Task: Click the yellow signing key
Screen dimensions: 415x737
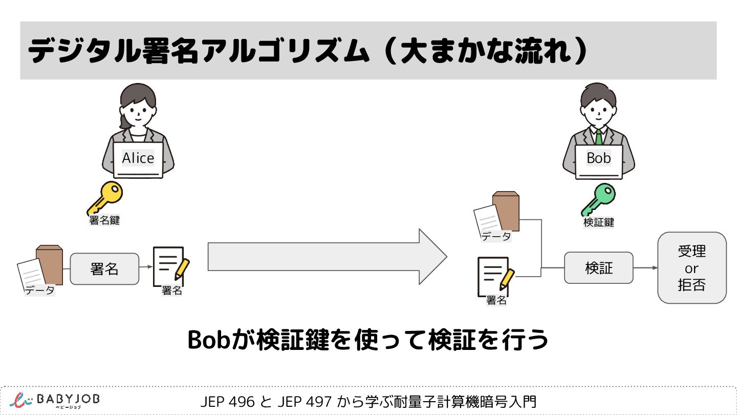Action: pyautogui.click(x=105, y=198)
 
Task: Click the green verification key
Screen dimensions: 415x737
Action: pyautogui.click(x=599, y=200)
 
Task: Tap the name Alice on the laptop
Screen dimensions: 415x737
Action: pyautogui.click(x=138, y=158)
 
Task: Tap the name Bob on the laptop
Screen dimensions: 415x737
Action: pyautogui.click(x=599, y=158)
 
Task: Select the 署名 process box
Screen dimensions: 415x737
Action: pyautogui.click(x=104, y=269)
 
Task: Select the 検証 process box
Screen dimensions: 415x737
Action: pyautogui.click(x=598, y=268)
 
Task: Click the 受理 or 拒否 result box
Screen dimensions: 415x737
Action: pyautogui.click(x=691, y=268)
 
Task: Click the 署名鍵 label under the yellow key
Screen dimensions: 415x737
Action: pyautogui.click(x=104, y=221)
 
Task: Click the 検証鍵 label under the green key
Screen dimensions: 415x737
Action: pyautogui.click(x=598, y=223)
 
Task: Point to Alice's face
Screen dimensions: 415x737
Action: pyautogui.click(x=138, y=115)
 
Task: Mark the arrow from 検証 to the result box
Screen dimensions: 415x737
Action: pyautogui.click(x=645, y=268)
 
